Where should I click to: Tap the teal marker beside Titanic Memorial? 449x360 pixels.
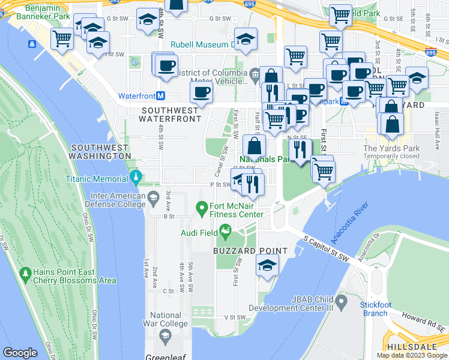(136, 178)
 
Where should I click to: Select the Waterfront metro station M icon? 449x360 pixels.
(160, 96)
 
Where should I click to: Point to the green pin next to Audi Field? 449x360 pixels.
(226, 230)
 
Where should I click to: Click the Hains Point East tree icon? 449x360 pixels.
(25, 275)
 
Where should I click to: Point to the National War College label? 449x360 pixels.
(166, 320)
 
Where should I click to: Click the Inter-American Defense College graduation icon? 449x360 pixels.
(153, 197)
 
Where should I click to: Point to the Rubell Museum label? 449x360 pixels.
(202, 44)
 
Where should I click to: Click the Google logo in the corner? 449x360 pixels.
(20, 353)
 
